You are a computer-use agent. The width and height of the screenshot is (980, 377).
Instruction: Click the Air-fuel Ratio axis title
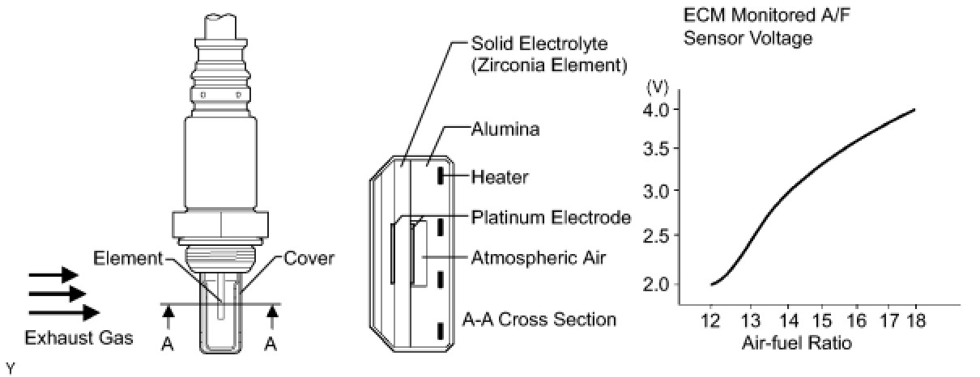[x=796, y=343]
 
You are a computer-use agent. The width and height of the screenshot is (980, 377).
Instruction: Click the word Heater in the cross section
[x=501, y=176]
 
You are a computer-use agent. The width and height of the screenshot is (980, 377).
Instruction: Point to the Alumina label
[x=505, y=129]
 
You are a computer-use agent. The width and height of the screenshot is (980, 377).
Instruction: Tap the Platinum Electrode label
[x=551, y=218]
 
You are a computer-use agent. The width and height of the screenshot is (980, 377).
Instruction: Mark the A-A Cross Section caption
[x=539, y=320]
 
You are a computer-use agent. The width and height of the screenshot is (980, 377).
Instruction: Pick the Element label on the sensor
[x=128, y=259]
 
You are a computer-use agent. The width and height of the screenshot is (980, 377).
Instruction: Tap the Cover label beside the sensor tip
[x=309, y=260]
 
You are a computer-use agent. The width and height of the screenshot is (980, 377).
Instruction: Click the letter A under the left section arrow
[x=167, y=344]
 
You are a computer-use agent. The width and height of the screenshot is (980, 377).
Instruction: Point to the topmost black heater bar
[x=441, y=176]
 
